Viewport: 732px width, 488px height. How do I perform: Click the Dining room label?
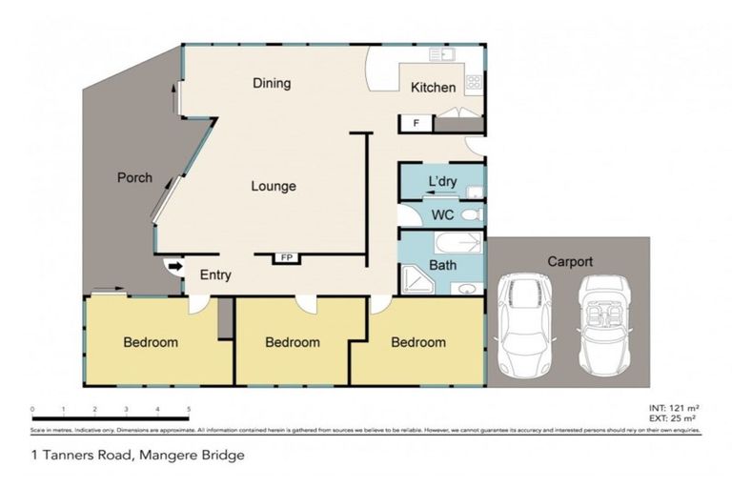pos(272,84)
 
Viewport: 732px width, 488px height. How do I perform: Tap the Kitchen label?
pos(433,89)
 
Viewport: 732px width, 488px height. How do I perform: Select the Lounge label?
pos(274,187)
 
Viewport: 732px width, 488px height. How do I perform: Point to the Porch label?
pos(134,178)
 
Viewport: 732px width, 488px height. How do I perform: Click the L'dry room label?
pos(443,181)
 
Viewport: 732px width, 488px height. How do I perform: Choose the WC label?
pos(443,215)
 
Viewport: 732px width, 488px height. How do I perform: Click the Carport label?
pos(570,261)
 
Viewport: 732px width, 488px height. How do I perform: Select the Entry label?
pos(215,275)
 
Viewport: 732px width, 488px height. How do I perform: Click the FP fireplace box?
pos(285,257)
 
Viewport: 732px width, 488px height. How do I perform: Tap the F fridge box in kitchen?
pos(417,123)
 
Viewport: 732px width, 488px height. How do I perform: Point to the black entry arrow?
pos(174,268)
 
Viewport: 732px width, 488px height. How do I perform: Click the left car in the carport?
pos(525,323)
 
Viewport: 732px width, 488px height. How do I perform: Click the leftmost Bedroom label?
pos(151,343)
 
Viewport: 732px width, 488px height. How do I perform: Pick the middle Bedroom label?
pos(292,343)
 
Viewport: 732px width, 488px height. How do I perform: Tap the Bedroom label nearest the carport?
pos(417,343)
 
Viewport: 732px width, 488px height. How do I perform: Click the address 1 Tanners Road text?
pos(138,455)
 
